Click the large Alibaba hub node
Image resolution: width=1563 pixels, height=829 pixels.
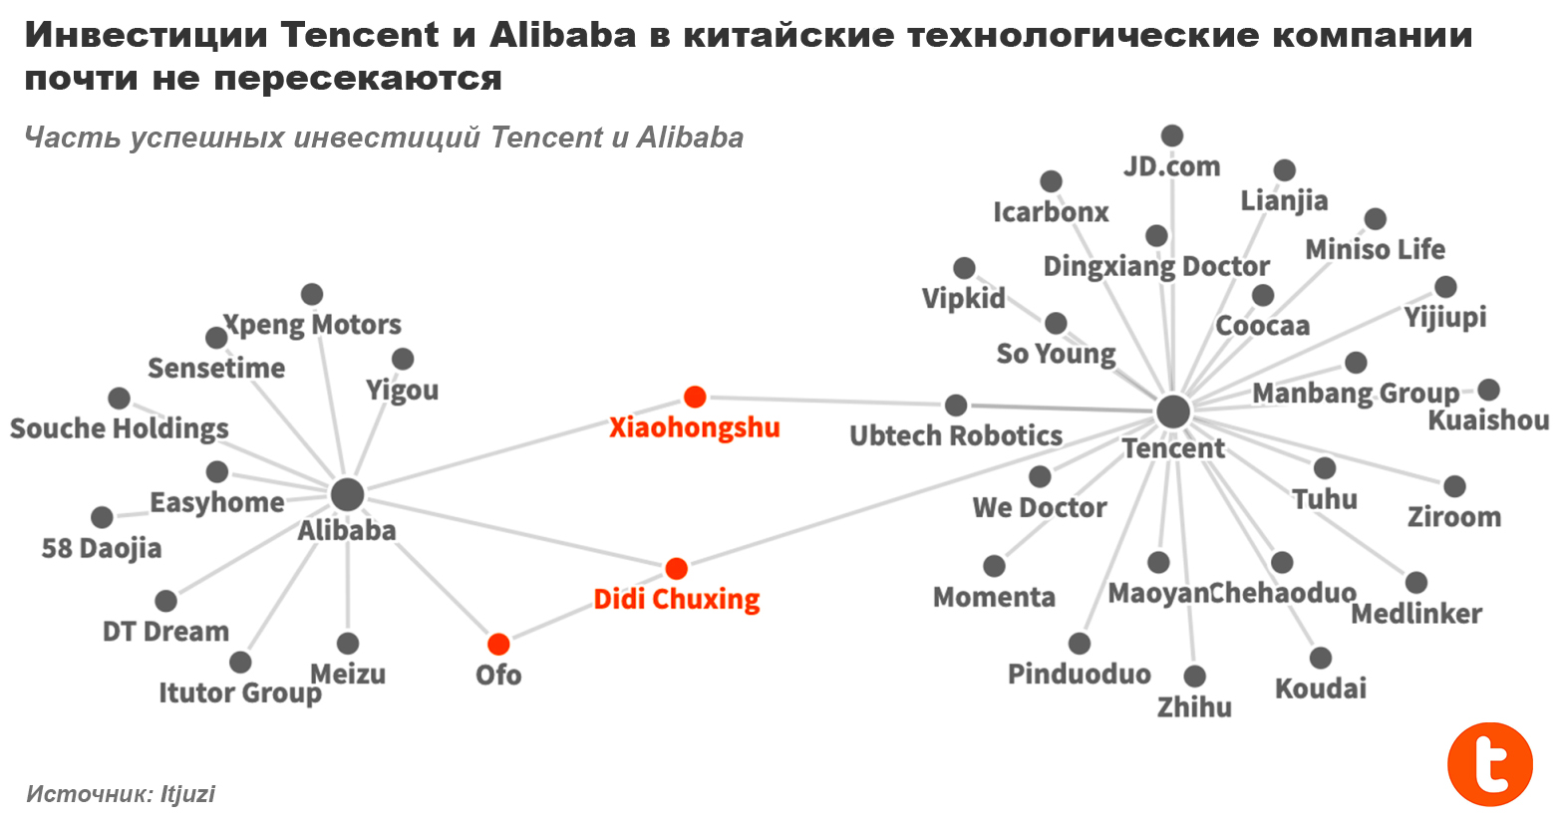point(347,494)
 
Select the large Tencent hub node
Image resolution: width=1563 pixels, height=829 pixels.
point(1173,411)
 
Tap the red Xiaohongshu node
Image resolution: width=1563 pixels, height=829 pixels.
point(695,398)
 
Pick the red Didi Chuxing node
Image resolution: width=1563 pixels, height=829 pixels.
point(676,569)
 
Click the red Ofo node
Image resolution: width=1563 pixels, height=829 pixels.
point(498,645)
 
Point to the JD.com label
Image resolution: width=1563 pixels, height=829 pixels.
point(1171,166)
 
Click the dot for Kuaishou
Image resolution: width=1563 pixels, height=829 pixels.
point(1488,390)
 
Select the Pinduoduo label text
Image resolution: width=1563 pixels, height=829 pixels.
point(1079,675)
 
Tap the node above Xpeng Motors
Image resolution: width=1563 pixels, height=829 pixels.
point(312,294)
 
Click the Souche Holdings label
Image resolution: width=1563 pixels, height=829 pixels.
point(120,428)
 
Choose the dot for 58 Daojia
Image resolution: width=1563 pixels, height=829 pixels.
point(102,517)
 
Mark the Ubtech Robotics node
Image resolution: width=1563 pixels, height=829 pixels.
point(956,405)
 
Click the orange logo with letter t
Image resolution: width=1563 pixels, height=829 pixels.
point(1490,764)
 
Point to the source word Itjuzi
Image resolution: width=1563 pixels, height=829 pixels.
point(187,794)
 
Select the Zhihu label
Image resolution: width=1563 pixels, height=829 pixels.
point(1194,707)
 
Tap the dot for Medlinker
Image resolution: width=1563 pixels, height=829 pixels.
point(1415,583)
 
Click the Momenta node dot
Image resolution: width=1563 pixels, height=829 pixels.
point(994,566)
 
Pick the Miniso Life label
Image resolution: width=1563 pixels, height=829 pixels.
point(1375,249)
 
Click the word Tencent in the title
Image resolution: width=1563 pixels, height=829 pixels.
point(359,35)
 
